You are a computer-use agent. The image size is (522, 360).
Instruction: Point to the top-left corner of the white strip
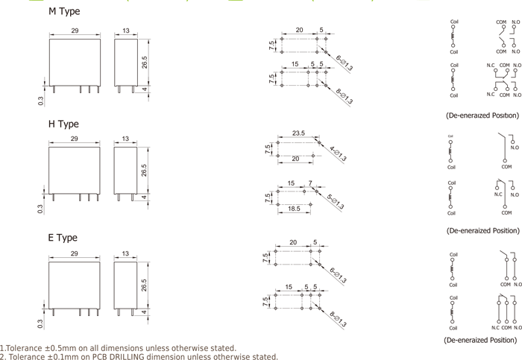coord(1,1)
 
